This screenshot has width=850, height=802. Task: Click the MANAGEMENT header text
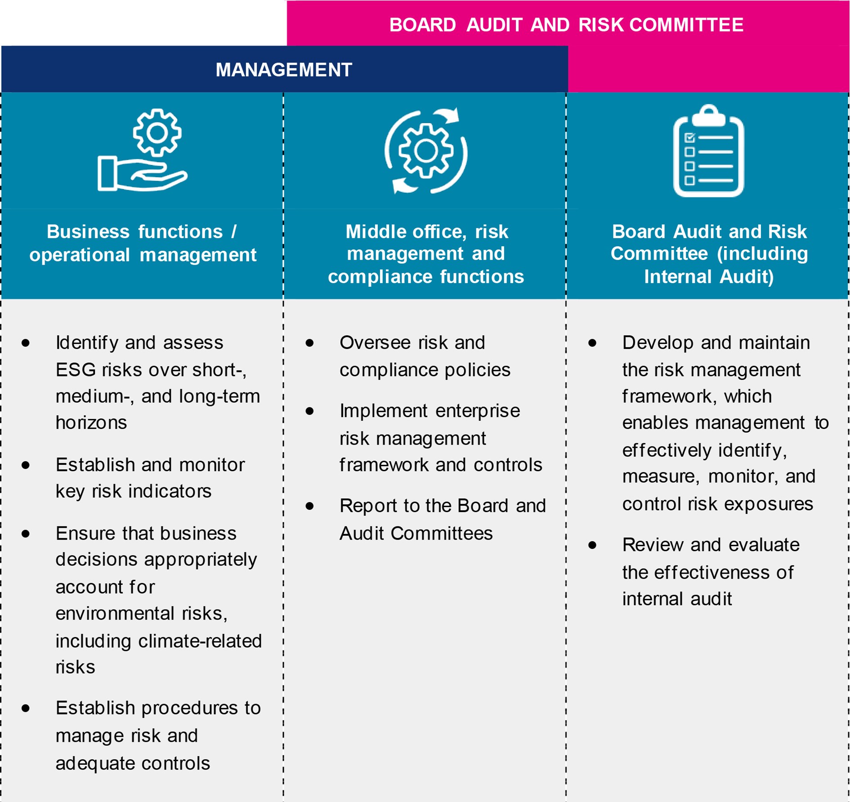point(283,70)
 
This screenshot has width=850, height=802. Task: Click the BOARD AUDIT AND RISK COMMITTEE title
point(566,25)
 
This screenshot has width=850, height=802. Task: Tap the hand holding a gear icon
point(143,150)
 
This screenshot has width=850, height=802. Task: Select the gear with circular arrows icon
point(426,151)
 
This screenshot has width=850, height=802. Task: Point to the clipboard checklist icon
point(708,151)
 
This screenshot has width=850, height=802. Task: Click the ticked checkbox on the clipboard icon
point(689,138)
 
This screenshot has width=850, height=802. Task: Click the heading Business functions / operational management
point(143,243)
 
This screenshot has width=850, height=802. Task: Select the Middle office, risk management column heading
point(426,254)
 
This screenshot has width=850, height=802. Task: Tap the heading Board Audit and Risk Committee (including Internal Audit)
point(709,254)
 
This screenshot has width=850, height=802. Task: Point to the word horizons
point(91,423)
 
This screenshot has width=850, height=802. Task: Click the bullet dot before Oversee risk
point(309,343)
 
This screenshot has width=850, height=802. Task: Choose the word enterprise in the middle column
point(477,411)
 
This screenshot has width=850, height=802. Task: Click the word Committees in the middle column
point(441,534)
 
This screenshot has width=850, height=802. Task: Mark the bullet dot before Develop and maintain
point(592,343)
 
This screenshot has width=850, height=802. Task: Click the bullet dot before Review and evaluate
point(592,545)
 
